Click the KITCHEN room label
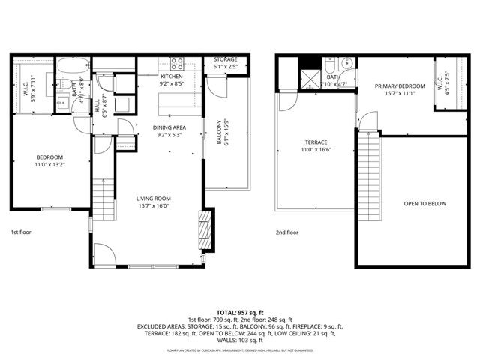pyautogui.click(x=172, y=77)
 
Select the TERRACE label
pyautogui.click(x=316, y=142)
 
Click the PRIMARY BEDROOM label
pyautogui.click(x=400, y=86)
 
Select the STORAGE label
pyautogui.click(x=225, y=58)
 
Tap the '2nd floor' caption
pyautogui.click(x=286, y=232)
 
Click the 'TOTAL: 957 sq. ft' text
pyautogui.click(x=239, y=311)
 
